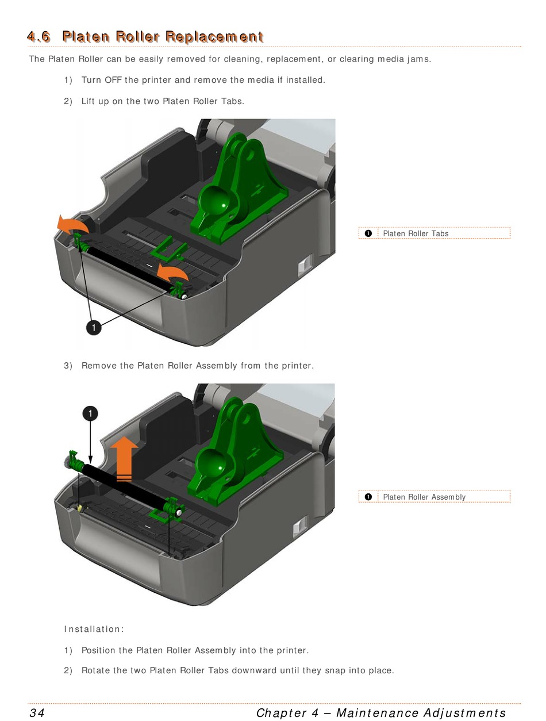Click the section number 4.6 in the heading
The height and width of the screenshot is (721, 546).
39,36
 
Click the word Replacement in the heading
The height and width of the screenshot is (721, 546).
214,36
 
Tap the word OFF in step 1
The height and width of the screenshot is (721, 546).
113,80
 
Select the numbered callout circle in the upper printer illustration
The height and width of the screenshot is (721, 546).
94,327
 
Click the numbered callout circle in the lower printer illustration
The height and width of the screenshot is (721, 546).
90,413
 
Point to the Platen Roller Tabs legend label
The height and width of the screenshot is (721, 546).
416,233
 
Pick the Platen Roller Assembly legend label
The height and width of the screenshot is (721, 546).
424,497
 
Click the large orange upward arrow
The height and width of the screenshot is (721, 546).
124,459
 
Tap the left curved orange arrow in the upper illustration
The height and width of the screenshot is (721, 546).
72,225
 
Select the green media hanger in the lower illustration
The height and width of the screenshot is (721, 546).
236,452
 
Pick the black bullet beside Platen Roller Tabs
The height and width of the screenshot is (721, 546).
368,233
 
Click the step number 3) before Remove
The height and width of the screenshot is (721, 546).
68,366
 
